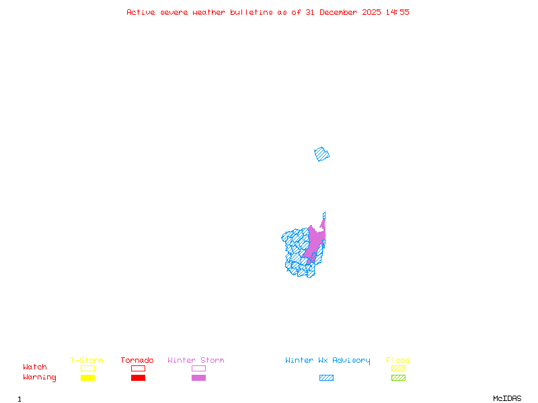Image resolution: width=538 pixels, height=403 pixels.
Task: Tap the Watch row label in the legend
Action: click(x=35, y=367)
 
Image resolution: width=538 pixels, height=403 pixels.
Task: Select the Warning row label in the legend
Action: click(x=40, y=377)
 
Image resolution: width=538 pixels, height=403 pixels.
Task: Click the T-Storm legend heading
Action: click(x=87, y=361)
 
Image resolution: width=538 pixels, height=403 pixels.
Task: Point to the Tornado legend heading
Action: click(x=137, y=361)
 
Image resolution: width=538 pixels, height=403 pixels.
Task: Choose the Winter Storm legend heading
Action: click(x=196, y=361)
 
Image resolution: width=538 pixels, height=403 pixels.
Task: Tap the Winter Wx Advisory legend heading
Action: click(x=328, y=361)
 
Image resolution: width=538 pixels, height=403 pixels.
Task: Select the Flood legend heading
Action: click(x=398, y=361)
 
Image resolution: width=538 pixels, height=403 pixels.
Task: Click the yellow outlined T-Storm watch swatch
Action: click(x=87, y=368)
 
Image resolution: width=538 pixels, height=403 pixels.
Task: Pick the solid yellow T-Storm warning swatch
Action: click(x=87, y=378)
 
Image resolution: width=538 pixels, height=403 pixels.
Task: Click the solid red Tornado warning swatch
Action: click(x=138, y=378)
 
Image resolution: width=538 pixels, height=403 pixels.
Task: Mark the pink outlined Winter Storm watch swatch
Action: click(x=198, y=368)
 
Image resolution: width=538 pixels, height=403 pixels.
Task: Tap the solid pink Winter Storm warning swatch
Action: click(x=198, y=378)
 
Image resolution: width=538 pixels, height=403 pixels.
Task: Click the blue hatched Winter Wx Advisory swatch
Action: click(x=326, y=378)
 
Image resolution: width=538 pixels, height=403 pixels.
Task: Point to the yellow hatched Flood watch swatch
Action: click(x=398, y=368)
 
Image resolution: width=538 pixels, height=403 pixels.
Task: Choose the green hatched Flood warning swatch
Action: click(x=398, y=378)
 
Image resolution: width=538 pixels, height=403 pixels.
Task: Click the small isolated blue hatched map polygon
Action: click(x=322, y=154)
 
